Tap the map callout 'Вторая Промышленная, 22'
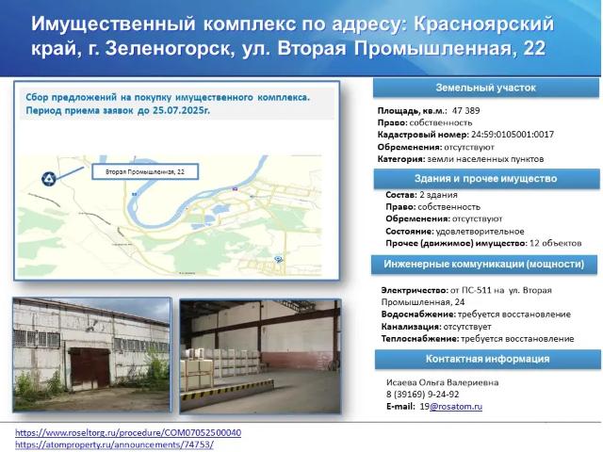(x=144, y=172)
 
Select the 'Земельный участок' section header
(x=485, y=88)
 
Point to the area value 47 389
(x=459, y=110)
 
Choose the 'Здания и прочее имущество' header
(x=485, y=178)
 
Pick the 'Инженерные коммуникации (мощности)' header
(x=485, y=264)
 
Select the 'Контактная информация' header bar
(x=485, y=359)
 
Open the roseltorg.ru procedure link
(x=128, y=432)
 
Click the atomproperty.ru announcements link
(x=114, y=444)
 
